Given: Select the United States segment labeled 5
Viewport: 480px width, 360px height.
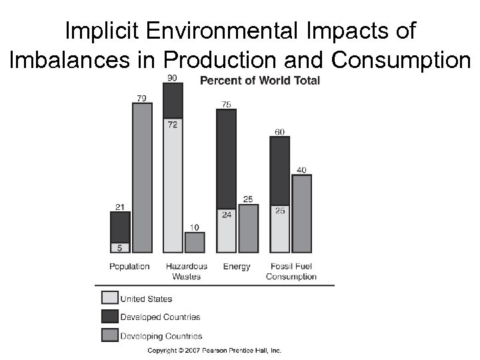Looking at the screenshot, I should tap(120, 247).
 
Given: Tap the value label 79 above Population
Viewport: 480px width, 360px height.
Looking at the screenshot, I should tap(141, 98).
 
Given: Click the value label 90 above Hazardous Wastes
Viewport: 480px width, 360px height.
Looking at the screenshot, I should tap(172, 78).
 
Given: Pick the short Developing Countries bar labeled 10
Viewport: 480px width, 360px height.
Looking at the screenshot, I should tap(194, 242).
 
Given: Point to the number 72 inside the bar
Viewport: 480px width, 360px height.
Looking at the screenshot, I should tap(172, 125).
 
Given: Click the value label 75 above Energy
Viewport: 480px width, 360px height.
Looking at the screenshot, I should tap(227, 104).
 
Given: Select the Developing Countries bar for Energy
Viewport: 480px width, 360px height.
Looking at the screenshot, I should tap(248, 228).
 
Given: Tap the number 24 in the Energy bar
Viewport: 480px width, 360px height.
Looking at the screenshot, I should tap(227, 215).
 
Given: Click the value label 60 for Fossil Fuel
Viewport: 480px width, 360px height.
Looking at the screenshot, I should tap(279, 131).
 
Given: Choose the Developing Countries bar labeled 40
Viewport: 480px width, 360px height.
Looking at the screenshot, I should tap(301, 213).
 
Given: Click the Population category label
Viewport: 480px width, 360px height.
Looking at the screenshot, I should tap(129, 267).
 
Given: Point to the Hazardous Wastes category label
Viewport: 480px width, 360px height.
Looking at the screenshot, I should tap(186, 271).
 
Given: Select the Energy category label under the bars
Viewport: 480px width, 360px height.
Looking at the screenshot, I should tap(237, 267).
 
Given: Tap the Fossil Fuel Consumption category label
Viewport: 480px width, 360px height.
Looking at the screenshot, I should tap(291, 271).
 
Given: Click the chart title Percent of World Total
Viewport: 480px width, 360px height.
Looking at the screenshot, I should tap(260, 81).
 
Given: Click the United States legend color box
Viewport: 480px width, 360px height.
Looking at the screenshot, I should tap(109, 298).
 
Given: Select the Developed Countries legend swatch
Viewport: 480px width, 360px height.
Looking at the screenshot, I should tap(109, 317).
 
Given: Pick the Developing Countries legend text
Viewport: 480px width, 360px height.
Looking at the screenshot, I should tap(161, 336).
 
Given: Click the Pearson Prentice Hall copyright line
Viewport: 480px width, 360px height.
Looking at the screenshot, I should tap(214, 351).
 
